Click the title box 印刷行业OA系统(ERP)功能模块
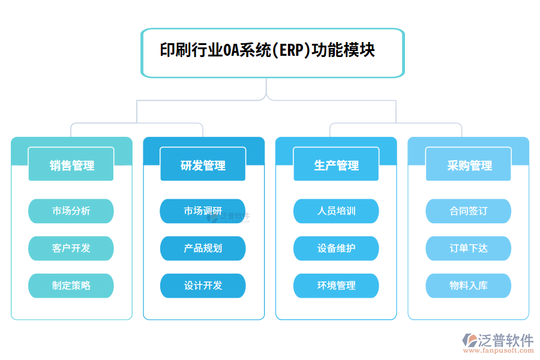click(x=273, y=53)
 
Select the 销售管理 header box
click(x=71, y=164)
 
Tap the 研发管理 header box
click(x=203, y=164)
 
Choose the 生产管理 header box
click(x=336, y=164)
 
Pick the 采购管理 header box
click(x=469, y=164)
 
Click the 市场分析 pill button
click(x=71, y=211)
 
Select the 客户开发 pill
click(x=71, y=248)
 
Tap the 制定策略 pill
click(x=71, y=286)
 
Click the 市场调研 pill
click(x=203, y=211)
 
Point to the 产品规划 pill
click(x=203, y=248)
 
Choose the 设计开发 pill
click(x=203, y=286)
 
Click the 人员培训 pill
click(x=336, y=211)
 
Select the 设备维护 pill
click(x=336, y=248)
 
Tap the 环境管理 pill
click(x=336, y=286)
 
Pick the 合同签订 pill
click(x=469, y=211)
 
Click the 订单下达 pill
click(x=469, y=248)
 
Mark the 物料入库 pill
click(x=469, y=286)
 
